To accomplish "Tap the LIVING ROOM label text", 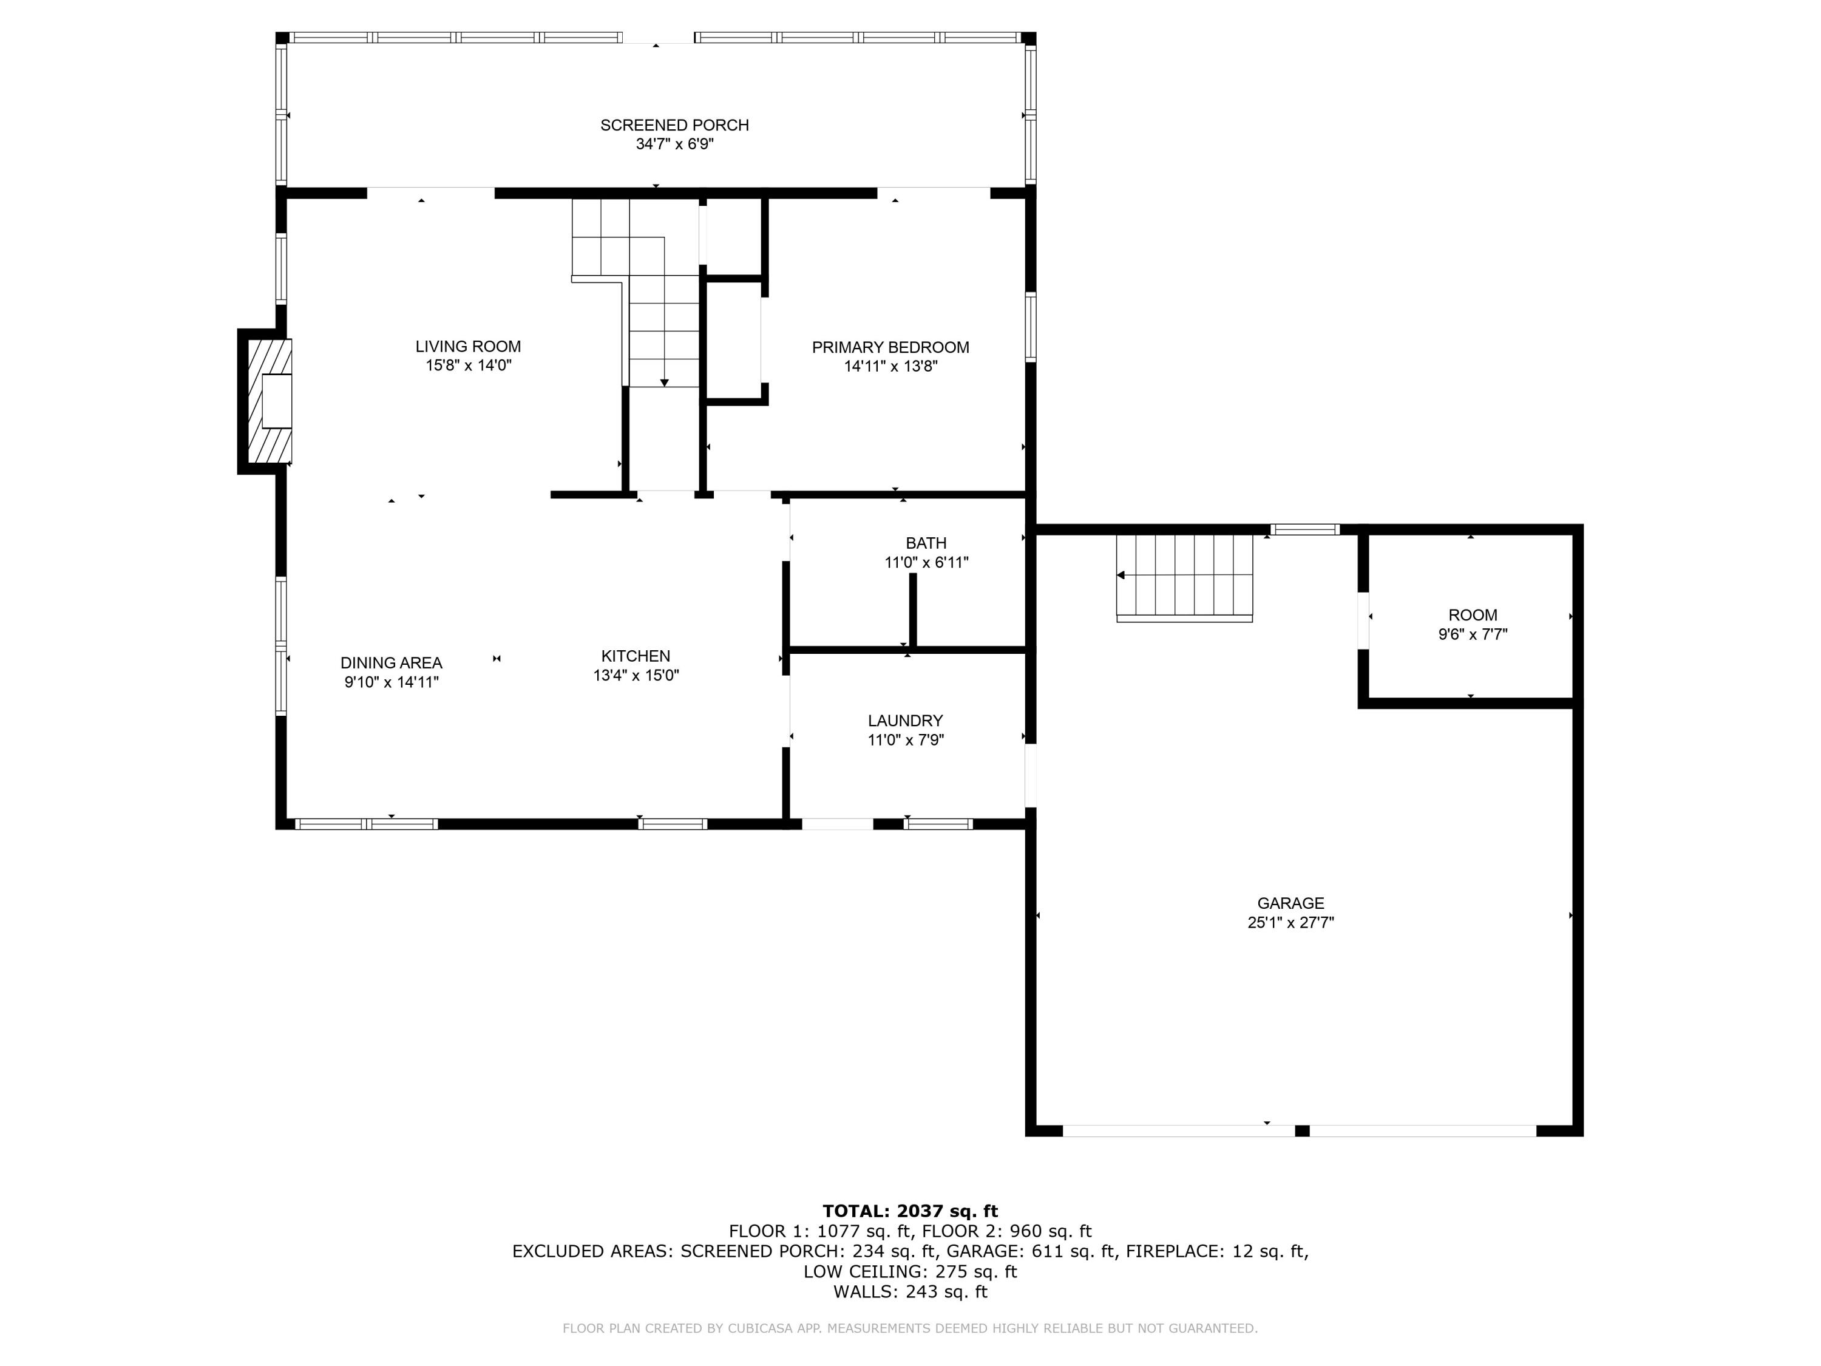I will (467, 347).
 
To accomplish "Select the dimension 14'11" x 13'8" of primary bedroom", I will (890, 367).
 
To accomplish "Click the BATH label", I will (925, 543).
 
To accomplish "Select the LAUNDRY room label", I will (905, 721).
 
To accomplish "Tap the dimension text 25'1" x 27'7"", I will (1290, 923).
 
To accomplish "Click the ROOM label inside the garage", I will (1472, 615).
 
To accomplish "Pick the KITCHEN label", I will (635, 656).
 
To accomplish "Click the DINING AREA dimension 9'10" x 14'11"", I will (391, 682).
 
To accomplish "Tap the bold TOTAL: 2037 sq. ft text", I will (910, 1211).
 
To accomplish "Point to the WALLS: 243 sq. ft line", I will (910, 1292).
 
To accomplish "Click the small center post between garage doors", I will (1301, 1130).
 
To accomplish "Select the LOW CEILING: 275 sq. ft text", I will (910, 1271).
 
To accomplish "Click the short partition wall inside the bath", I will (912, 610).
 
